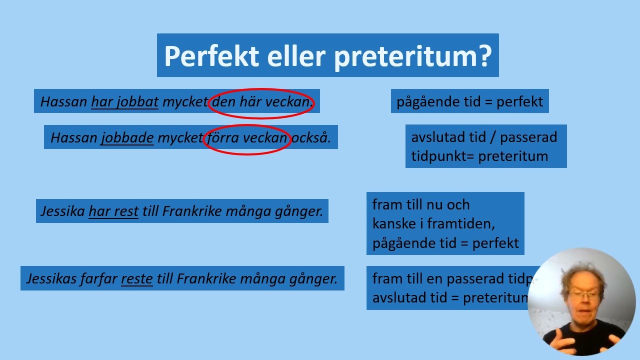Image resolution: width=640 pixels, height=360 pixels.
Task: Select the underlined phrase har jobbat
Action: [124, 102]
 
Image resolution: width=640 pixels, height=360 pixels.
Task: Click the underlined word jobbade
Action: [127, 138]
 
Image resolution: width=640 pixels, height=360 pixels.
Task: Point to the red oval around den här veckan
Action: [261, 91]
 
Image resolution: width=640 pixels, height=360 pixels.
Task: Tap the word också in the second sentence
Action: [311, 138]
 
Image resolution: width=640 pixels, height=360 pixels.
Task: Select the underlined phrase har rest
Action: [113, 211]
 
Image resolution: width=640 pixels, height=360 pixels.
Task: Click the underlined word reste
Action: [136, 278]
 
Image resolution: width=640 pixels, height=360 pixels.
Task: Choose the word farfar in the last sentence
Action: [98, 278]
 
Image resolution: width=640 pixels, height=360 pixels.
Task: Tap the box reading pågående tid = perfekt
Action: [469, 101]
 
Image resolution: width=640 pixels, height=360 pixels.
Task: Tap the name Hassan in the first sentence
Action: [63, 102]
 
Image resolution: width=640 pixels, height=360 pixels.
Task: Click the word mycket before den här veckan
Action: [184, 102]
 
